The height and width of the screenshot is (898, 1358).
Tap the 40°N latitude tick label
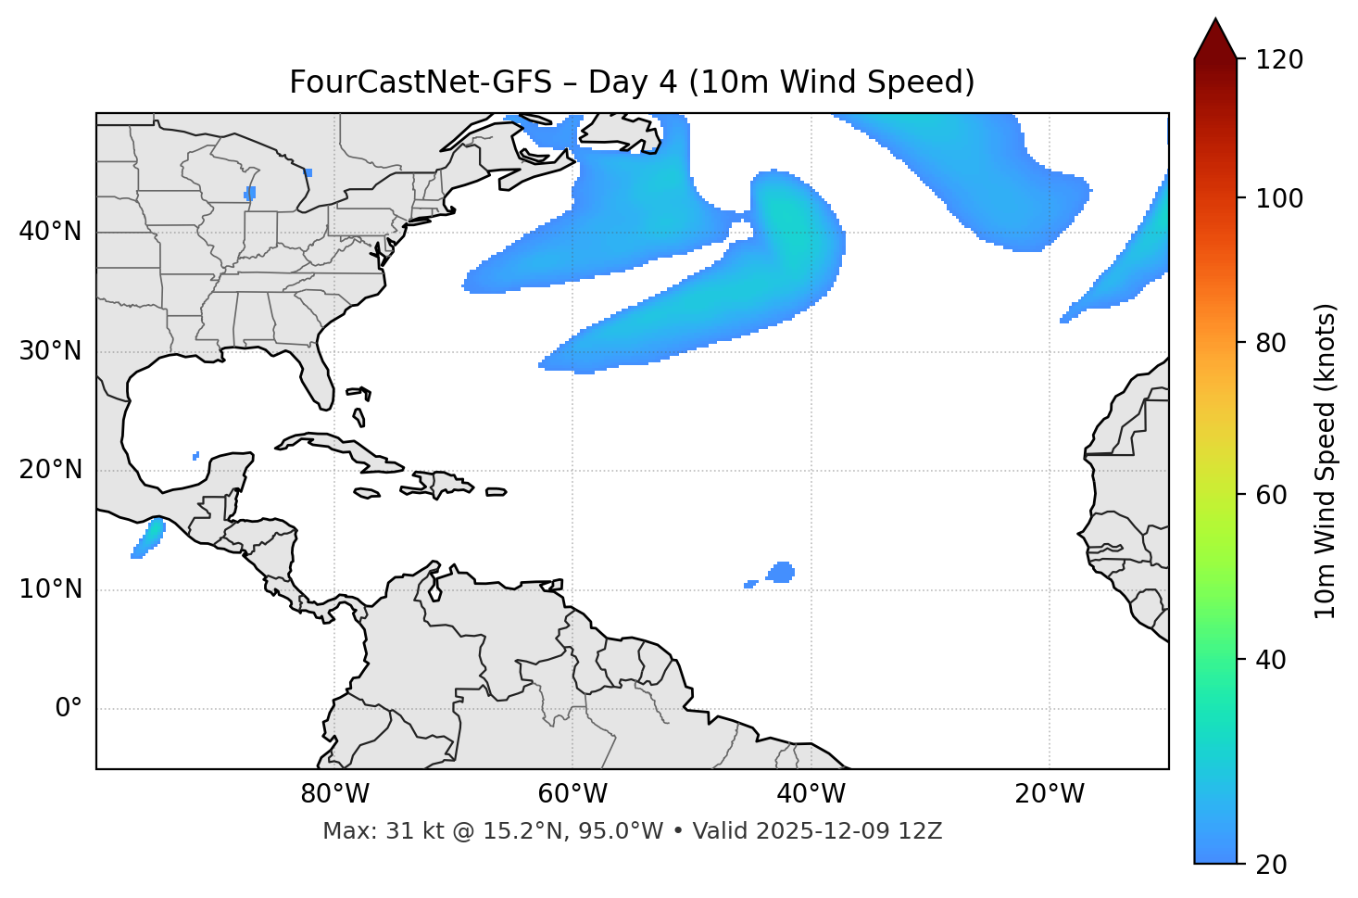tap(50, 232)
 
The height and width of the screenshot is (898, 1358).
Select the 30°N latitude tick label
tap(50, 351)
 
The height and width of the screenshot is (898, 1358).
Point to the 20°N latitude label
tap(50, 470)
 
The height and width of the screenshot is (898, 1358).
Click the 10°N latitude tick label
tap(50, 589)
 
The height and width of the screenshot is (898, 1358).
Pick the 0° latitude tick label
tap(68, 708)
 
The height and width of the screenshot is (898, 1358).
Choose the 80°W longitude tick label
tap(334, 794)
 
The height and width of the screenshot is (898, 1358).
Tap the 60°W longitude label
tap(572, 794)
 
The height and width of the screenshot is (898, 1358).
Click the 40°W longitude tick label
tap(811, 794)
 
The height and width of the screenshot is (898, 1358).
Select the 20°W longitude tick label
tap(1049, 794)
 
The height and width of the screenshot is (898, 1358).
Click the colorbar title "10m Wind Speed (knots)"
tap(1326, 461)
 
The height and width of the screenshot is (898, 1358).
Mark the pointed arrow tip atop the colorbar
tap(1214, 20)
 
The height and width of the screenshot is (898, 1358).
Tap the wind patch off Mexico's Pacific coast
tap(148, 538)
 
